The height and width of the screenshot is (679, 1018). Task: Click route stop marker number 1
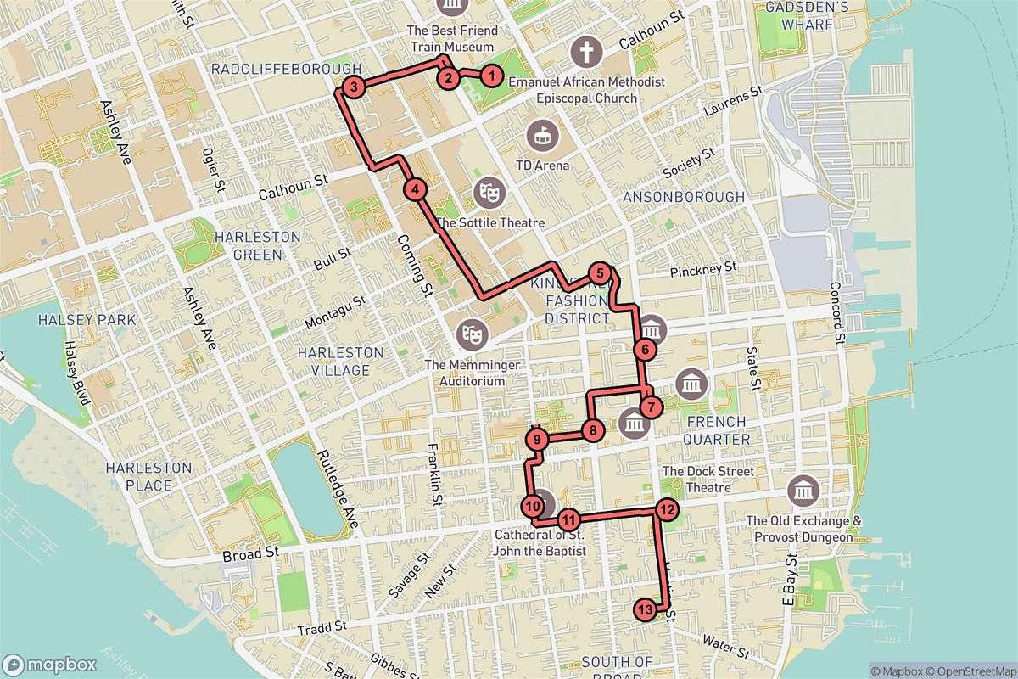click(491, 75)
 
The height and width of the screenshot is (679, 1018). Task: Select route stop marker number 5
click(600, 273)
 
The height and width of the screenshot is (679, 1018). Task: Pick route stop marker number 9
click(537, 440)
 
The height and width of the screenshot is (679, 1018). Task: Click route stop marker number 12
click(667, 509)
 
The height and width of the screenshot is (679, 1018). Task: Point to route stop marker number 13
click(645, 609)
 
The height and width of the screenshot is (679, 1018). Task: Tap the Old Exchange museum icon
click(803, 490)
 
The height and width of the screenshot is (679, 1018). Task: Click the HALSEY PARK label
click(75, 320)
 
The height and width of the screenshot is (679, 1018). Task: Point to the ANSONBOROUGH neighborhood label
click(683, 197)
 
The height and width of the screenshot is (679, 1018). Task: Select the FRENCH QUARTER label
click(717, 429)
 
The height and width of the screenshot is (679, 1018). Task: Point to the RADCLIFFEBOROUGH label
click(286, 69)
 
